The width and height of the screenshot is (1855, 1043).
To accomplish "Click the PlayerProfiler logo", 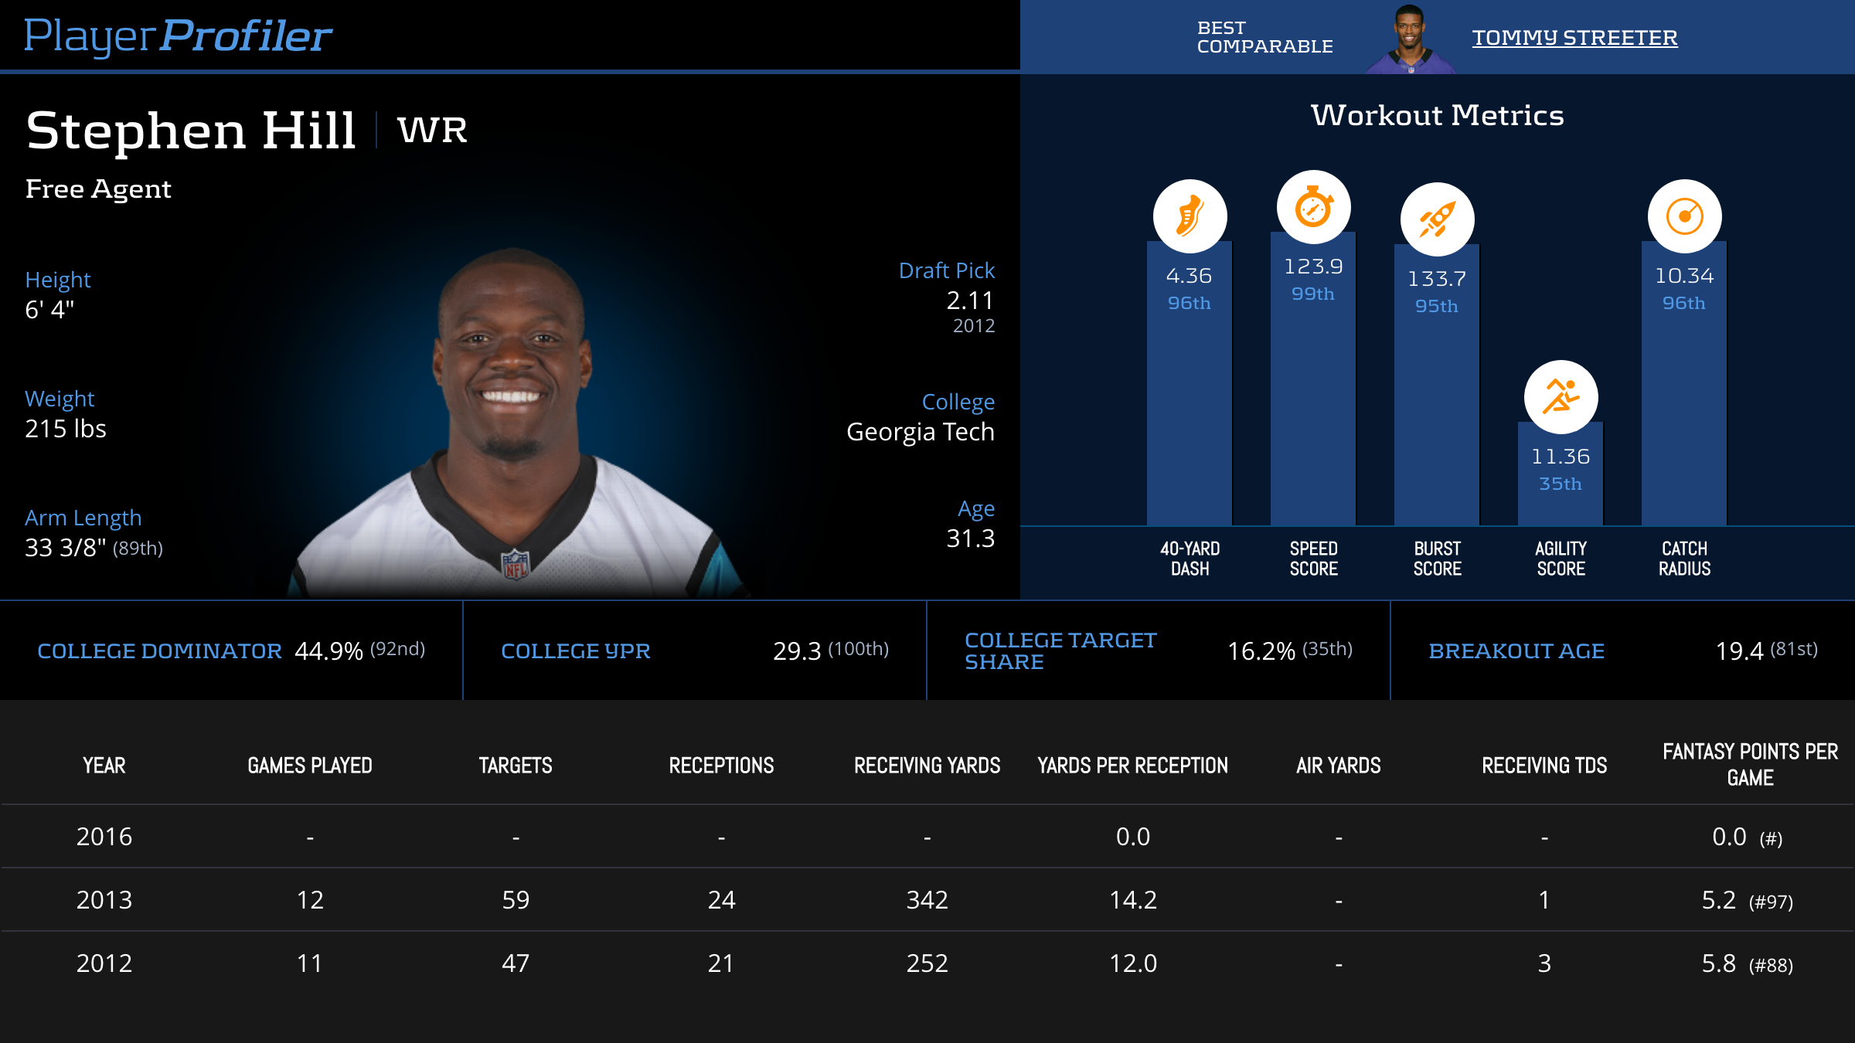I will tap(178, 36).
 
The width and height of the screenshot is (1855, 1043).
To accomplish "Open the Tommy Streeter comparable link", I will tap(1574, 38).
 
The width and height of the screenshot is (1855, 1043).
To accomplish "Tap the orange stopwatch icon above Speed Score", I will tap(1313, 207).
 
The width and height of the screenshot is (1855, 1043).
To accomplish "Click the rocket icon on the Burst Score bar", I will tap(1437, 219).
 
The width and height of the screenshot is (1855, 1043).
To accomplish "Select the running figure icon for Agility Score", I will tap(1561, 397).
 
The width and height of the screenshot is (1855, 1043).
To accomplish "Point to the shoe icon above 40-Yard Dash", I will tap(1190, 216).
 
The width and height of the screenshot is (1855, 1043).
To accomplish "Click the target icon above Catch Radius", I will tap(1684, 216).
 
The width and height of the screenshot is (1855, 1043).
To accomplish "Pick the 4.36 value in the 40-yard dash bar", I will tap(1189, 276).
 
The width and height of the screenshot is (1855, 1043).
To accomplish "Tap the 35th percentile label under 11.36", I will tap(1561, 484).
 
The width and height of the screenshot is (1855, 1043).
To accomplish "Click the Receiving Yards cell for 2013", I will tap(927, 900).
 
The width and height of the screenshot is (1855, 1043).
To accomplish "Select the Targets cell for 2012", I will tap(516, 963).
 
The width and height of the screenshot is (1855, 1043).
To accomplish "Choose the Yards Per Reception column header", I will tap(1132, 766).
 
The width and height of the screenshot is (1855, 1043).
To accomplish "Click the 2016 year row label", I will tap(104, 837).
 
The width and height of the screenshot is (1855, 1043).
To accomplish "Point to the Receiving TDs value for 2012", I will tap(1544, 963).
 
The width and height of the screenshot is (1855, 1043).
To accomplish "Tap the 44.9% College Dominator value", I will tap(328, 651).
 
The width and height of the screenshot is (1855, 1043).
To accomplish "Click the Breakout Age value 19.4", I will tap(1739, 651).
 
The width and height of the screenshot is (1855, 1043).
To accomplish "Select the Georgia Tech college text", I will tap(920, 432).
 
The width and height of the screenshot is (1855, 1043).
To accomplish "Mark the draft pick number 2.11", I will tap(970, 301).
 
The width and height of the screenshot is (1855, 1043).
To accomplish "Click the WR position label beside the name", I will tap(432, 130).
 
